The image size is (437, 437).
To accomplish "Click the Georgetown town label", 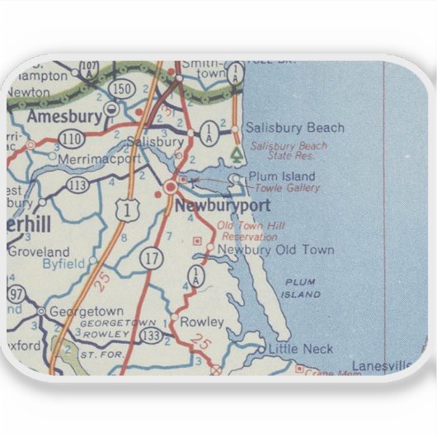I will pyautogui.click(x=87, y=312).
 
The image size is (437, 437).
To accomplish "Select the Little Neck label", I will pyautogui.click(x=301, y=350).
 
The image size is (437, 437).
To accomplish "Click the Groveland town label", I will pyautogui.click(x=41, y=252).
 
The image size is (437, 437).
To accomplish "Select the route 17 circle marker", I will pyautogui.click(x=152, y=256).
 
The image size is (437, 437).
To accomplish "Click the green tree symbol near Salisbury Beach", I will pyautogui.click(x=237, y=153).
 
